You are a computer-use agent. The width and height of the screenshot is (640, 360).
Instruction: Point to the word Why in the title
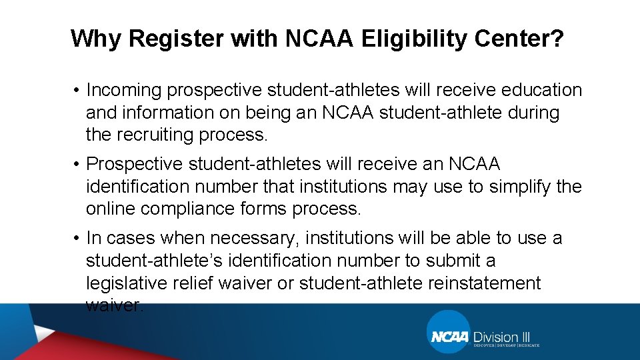coord(96,39)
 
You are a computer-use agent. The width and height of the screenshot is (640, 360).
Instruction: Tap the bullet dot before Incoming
coord(77,91)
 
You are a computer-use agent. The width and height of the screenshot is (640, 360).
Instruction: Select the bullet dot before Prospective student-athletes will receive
coord(77,165)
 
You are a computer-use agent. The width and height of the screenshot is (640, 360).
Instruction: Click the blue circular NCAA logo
coord(449,334)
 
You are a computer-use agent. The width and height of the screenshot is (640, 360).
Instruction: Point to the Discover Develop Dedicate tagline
coord(507,345)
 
